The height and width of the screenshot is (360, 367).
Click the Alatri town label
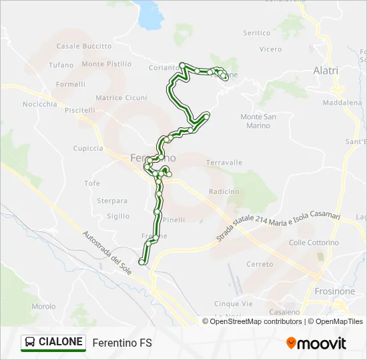point(326,71)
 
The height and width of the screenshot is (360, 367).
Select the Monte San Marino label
point(258,121)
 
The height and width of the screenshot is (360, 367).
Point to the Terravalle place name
point(224,163)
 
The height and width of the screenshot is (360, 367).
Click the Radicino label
point(224,191)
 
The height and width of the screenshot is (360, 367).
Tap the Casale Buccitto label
point(84,47)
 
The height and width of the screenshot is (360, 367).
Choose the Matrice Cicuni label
point(121,98)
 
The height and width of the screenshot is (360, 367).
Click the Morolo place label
point(43,307)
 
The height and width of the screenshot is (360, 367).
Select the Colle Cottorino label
point(314,243)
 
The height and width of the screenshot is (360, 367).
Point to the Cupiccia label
point(89,148)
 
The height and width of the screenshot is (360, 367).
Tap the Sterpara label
point(112,201)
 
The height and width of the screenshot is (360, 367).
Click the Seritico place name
point(257,33)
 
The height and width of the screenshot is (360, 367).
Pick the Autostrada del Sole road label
point(107,253)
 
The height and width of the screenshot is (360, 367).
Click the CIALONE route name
point(61,343)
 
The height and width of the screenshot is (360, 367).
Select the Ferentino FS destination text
point(122,343)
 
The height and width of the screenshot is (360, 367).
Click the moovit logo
point(316,343)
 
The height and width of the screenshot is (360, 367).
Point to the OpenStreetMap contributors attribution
point(253,321)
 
